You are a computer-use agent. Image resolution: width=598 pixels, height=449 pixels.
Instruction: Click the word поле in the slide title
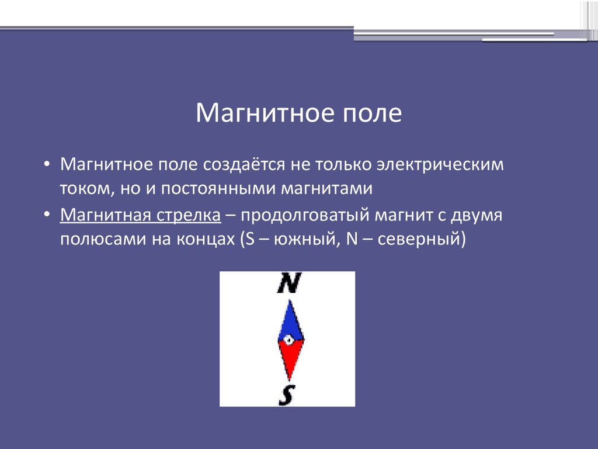(372, 113)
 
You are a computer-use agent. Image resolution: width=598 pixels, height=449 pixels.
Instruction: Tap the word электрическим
(440, 164)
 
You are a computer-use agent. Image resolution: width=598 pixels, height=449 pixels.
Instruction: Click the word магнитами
(327, 189)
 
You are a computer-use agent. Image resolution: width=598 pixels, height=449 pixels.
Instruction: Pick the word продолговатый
(305, 215)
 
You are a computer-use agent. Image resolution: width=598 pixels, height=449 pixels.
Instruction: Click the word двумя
(477, 215)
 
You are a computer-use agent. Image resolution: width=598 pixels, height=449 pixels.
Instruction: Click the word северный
(419, 239)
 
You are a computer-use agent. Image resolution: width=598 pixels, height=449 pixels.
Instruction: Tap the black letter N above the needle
(289, 283)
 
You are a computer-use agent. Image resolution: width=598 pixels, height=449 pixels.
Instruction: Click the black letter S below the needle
(287, 395)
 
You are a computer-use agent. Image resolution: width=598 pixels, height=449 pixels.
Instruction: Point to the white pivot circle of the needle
(288, 340)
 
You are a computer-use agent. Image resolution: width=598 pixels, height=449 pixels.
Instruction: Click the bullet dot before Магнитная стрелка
(47, 215)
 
